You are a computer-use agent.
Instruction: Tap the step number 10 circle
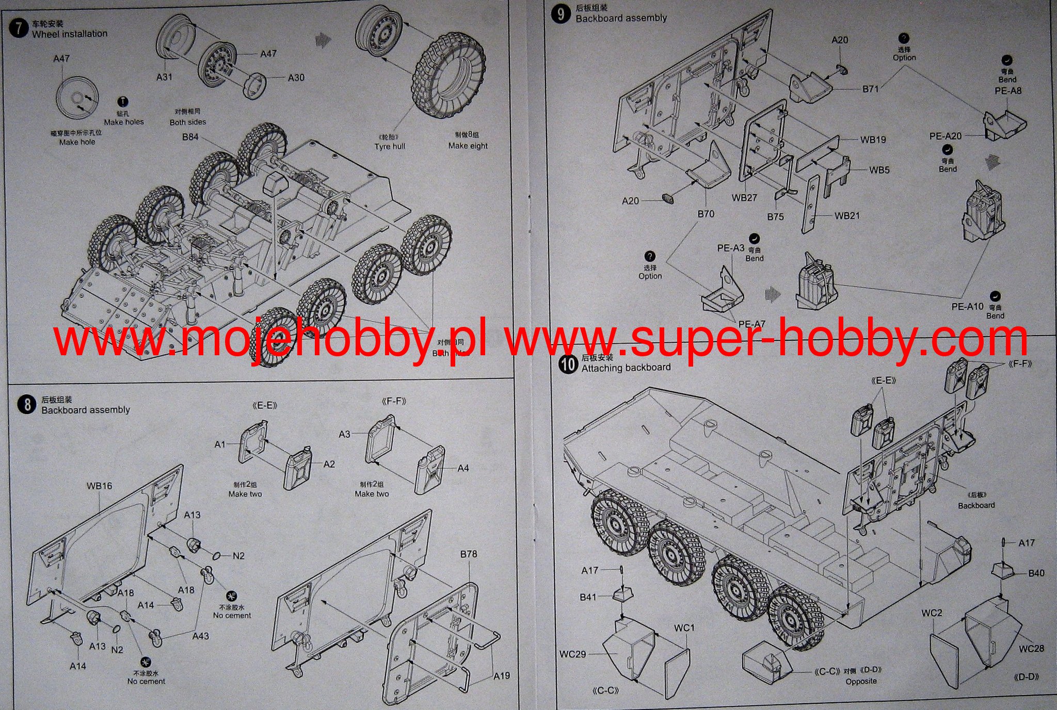tap(568, 364)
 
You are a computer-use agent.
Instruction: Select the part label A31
tap(164, 77)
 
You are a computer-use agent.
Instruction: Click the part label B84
tap(190, 137)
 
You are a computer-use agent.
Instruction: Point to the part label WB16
tap(99, 486)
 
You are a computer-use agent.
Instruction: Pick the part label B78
tap(468, 554)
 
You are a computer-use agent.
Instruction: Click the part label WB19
tap(873, 139)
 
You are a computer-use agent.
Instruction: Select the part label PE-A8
tap(1008, 91)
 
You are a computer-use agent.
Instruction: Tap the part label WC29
tap(573, 654)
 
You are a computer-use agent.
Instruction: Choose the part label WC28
tap(1031, 649)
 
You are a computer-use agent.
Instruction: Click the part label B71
tap(870, 89)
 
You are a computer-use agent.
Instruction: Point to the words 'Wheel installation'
tap(70, 34)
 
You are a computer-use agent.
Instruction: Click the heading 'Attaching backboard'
tap(626, 368)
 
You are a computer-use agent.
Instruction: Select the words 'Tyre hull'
tap(390, 147)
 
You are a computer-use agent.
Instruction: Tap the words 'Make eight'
tap(468, 146)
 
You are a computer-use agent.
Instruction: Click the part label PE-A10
tap(967, 306)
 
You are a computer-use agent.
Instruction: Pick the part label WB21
tap(847, 216)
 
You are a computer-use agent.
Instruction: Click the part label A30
tap(296, 78)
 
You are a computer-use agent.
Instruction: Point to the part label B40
tap(1036, 573)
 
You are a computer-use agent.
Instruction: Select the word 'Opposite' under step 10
tap(861, 681)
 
